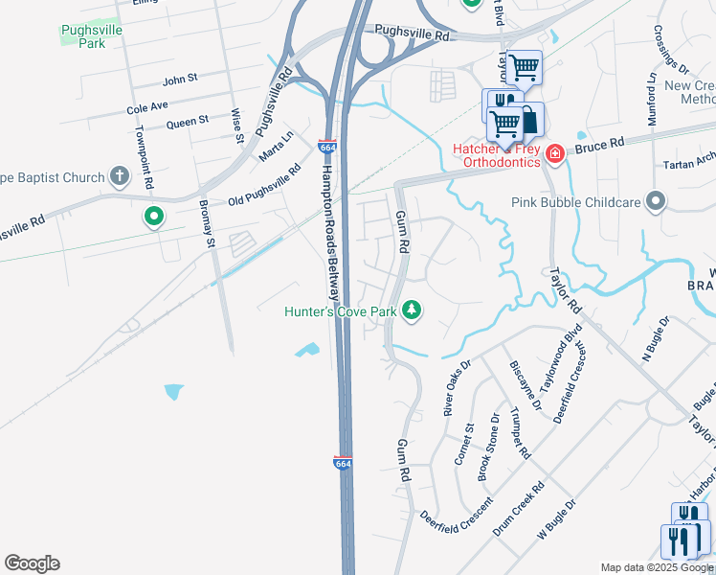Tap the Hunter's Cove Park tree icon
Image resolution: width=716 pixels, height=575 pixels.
[412, 310]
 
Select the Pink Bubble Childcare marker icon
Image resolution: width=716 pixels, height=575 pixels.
[656, 201]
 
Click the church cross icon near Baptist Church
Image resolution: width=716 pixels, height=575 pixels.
[119, 175]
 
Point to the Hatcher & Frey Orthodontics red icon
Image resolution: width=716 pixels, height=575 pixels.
[554, 152]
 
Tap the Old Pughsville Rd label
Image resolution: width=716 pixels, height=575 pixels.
[264, 189]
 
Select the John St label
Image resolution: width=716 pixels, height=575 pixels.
[180, 80]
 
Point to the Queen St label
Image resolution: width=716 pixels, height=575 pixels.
[188, 122]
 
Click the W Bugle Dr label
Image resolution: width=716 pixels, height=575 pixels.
[557, 518]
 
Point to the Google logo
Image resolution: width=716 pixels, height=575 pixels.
[32, 563]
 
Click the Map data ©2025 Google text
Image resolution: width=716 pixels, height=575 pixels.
[657, 567]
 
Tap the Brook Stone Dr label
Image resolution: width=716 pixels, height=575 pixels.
[489, 447]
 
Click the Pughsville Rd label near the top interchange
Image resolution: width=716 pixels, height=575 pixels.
[412, 33]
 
